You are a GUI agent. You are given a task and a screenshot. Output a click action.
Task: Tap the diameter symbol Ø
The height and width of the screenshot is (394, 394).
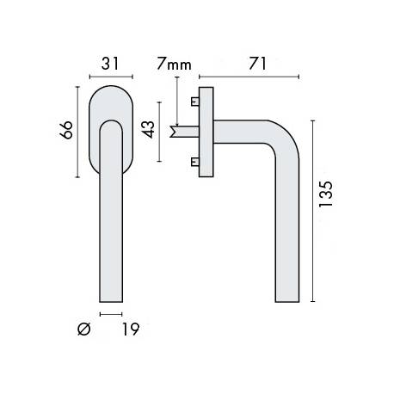click(84, 329)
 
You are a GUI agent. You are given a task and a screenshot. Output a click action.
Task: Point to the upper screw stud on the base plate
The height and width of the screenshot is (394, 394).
click(194, 102)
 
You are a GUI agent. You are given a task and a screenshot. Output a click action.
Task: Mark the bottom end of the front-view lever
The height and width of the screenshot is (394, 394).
click(109, 299)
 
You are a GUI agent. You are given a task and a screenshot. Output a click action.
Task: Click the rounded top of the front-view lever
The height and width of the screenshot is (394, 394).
click(109, 125)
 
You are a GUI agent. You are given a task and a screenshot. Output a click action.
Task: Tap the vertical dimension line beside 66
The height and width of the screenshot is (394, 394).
click(78, 131)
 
